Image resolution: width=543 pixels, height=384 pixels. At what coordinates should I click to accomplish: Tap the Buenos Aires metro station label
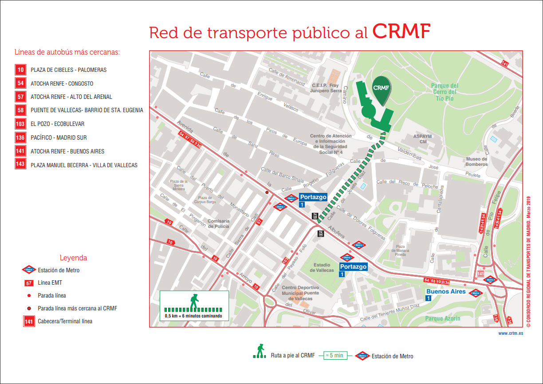click(446, 291)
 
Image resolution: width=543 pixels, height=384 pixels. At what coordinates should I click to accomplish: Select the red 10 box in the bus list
click(20, 70)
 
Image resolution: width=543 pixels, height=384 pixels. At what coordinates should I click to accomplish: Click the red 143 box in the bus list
click(20, 165)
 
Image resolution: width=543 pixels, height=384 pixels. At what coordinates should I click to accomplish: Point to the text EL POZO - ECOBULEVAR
click(57, 124)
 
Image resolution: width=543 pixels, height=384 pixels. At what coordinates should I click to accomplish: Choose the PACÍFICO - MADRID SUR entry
click(59, 138)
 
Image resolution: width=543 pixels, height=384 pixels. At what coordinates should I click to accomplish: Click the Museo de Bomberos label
click(476, 161)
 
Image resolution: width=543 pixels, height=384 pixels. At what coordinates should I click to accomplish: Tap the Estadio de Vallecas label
click(322, 267)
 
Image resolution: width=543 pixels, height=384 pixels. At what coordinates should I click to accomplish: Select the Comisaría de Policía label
click(218, 223)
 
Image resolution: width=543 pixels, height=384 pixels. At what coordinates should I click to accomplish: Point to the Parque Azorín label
click(443, 318)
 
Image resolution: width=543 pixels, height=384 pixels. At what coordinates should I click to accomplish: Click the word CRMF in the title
click(401, 31)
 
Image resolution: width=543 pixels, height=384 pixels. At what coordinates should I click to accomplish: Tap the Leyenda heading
click(73, 258)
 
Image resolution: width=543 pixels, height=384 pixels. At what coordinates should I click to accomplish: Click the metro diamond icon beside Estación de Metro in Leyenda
click(29, 270)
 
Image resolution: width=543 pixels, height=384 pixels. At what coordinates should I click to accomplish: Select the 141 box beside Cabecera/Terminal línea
click(29, 321)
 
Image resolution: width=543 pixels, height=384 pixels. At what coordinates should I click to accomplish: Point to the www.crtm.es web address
click(510, 333)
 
